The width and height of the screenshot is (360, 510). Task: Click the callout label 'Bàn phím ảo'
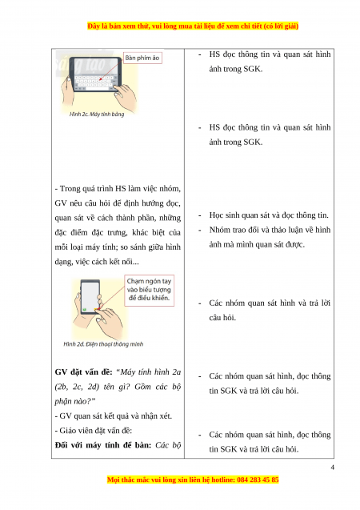(x=142, y=58)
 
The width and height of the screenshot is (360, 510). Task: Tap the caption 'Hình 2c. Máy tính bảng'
(x=97, y=114)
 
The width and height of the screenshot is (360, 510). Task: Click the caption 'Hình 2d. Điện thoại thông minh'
(x=103, y=344)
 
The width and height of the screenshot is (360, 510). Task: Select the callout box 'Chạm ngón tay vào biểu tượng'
(x=149, y=291)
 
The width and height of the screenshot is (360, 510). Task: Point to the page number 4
(x=332, y=468)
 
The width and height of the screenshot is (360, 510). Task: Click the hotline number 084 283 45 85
(x=258, y=480)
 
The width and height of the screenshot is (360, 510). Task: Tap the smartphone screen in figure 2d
(x=90, y=296)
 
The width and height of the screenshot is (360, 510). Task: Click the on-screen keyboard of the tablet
(x=94, y=82)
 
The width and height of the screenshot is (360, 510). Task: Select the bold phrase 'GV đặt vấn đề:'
(x=83, y=372)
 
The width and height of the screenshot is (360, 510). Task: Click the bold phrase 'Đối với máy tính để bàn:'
(x=103, y=445)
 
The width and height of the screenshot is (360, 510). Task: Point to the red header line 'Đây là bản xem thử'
(x=193, y=26)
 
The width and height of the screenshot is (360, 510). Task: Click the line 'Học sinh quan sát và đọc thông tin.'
(x=269, y=215)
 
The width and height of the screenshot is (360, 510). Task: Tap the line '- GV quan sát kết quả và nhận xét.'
(x=114, y=416)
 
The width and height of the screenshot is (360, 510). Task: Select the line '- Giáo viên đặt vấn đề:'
(x=94, y=431)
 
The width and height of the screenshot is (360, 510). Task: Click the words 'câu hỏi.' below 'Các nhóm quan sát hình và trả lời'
(x=222, y=317)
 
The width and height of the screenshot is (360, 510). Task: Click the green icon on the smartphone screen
(x=85, y=309)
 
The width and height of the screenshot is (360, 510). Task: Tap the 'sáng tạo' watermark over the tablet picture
(x=81, y=64)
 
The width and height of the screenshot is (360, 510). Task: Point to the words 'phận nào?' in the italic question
(x=75, y=401)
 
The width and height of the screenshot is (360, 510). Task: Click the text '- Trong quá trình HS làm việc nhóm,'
(x=118, y=189)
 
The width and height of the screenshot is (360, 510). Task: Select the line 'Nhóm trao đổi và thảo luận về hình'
(x=270, y=230)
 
